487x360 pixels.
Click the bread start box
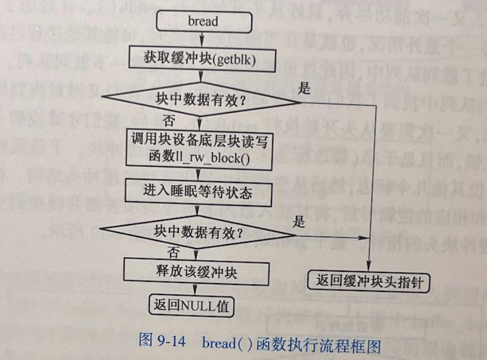pos(204,22)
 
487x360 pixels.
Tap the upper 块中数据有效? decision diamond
pos(202,100)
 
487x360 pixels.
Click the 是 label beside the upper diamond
pos(304,88)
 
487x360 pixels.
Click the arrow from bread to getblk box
pos(203,39)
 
